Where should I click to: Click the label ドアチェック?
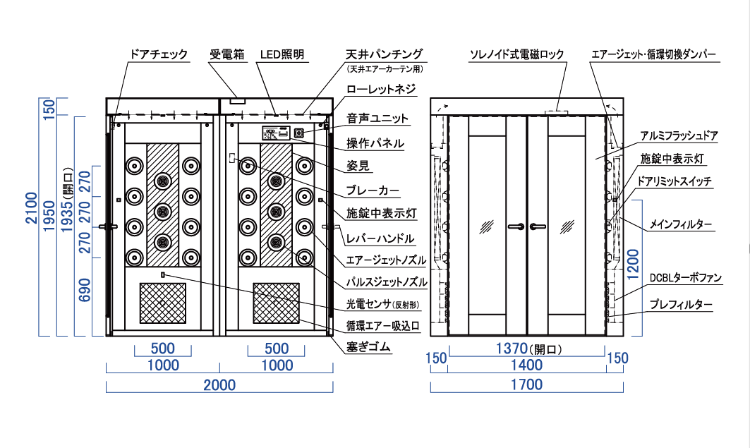[x=159, y=54]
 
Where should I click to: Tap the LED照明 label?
[x=282, y=54]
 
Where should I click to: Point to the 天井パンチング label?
[x=384, y=54]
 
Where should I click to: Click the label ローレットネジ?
[x=380, y=90]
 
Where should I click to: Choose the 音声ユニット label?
[x=377, y=119]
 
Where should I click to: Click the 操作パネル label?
[x=375, y=143]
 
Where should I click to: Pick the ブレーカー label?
[x=373, y=190]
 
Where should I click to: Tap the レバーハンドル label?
[x=380, y=238]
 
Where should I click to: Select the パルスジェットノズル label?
[x=386, y=282]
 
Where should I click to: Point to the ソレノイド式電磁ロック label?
[x=517, y=54]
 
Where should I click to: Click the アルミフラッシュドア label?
[x=679, y=134]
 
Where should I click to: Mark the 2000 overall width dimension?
[x=219, y=385]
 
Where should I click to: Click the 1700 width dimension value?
[x=526, y=385]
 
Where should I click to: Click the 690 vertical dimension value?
[x=85, y=291]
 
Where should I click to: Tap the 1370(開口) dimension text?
[x=526, y=347]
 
